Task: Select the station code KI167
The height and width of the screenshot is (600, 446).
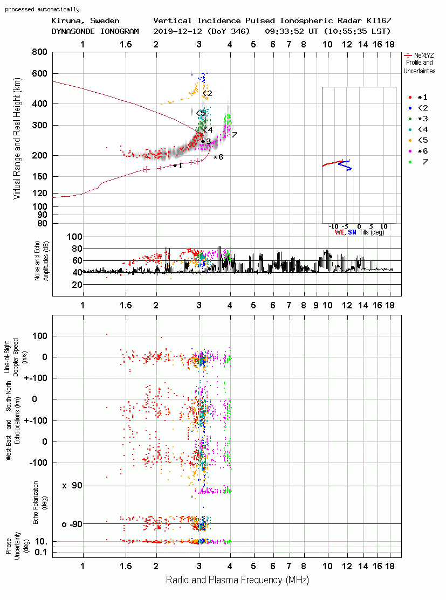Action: pyautogui.click(x=379, y=20)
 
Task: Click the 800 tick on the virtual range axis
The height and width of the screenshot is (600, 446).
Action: pyautogui.click(x=40, y=52)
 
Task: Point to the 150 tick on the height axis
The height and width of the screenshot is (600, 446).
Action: pyautogui.click(x=40, y=176)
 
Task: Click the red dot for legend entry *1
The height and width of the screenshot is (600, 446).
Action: pyautogui.click(x=410, y=98)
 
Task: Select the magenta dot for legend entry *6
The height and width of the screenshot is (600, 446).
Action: pyautogui.click(x=410, y=151)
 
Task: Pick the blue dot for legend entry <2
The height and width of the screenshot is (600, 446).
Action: pyautogui.click(x=410, y=108)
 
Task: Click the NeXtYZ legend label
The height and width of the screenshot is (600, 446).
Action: pyautogui.click(x=424, y=56)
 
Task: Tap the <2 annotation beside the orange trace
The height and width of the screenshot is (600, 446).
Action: pyautogui.click(x=207, y=93)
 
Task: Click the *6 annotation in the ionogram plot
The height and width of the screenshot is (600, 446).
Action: pyautogui.click(x=218, y=157)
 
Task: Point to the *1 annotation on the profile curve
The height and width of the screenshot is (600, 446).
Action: pyautogui.click(x=177, y=165)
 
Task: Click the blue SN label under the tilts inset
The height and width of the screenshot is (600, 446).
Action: pyautogui.click(x=352, y=232)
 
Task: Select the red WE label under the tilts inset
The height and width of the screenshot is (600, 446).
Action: pyautogui.click(x=340, y=232)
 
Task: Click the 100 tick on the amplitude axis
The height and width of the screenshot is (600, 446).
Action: pyautogui.click(x=74, y=237)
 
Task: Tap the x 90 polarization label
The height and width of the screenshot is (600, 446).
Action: pyautogui.click(x=72, y=486)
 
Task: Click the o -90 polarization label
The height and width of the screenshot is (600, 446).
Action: pyautogui.click(x=72, y=524)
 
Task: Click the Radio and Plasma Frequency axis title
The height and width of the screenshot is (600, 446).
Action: pyautogui.click(x=237, y=580)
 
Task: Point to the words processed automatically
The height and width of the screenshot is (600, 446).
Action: pyautogui.click(x=42, y=9)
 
